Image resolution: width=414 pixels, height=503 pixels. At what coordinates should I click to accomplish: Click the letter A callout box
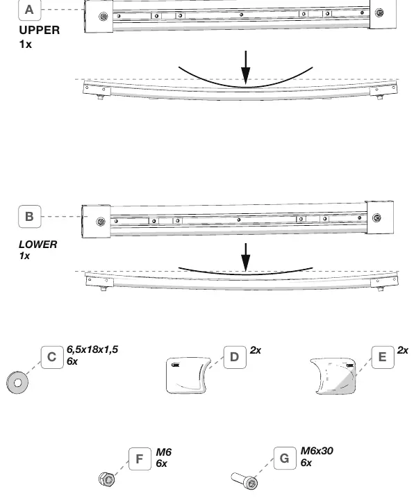[x=29, y=10]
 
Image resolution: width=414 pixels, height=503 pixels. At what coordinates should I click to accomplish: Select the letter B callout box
[x=29, y=217]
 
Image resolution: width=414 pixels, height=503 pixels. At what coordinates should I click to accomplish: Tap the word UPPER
[x=40, y=30]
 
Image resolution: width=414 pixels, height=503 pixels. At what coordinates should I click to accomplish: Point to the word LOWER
[x=38, y=245]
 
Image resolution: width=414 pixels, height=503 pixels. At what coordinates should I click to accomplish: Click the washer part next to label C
[x=17, y=382]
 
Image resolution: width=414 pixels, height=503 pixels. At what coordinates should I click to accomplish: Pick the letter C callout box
[x=52, y=357]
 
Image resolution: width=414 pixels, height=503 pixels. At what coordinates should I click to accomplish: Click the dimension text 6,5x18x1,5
[x=92, y=349]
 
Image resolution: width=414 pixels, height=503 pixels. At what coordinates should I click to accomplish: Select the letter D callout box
[x=235, y=357]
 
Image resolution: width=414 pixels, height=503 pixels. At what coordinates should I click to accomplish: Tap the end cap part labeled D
[x=188, y=376]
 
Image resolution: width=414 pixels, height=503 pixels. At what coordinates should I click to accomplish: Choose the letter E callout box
[x=383, y=357]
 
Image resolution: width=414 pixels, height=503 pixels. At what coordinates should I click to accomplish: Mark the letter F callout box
[x=140, y=459]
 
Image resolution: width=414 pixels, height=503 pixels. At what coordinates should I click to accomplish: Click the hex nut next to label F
[x=107, y=479]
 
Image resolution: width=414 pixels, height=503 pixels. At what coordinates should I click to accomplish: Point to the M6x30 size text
[x=317, y=451]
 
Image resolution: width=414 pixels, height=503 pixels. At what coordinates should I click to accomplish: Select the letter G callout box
[x=285, y=459]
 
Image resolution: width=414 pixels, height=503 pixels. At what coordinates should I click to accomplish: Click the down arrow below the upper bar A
[x=246, y=67]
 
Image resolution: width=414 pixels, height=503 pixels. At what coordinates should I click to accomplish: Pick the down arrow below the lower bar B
[x=246, y=257]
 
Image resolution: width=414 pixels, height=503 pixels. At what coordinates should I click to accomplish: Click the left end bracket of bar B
[x=96, y=222]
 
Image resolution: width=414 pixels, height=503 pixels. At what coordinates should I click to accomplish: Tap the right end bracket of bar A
[x=383, y=14]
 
